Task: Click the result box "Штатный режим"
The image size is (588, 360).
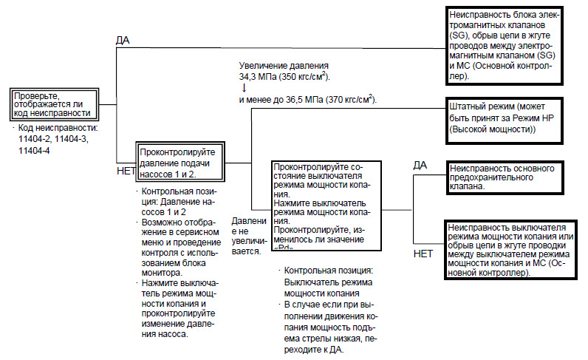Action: pyautogui.click(x=514, y=118)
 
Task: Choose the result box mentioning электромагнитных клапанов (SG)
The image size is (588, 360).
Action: pyautogui.click(x=514, y=45)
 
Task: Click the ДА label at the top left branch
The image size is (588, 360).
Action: pyautogui.click(x=123, y=38)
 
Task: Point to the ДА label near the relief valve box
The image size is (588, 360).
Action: pyautogui.click(x=420, y=164)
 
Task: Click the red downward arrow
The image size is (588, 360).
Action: pyautogui.click(x=244, y=87)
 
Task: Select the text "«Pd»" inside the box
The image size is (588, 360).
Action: pyautogui.click(x=284, y=249)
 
